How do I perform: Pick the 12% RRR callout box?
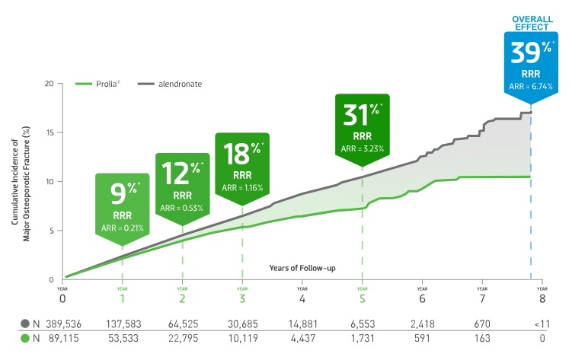click(x=182, y=184)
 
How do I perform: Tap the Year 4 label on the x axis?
click(x=302, y=298)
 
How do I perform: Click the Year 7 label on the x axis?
click(x=482, y=298)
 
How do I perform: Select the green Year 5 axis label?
click(x=362, y=298)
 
